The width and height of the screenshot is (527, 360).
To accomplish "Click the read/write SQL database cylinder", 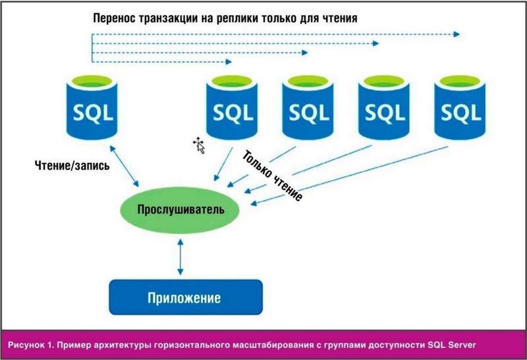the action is coord(92,107).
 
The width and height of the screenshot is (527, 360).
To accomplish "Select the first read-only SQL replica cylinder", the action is coord(232,107).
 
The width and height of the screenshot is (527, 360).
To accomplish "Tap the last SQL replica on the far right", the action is coord(460,107).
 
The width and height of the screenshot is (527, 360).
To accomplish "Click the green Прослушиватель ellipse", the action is coord(180,210).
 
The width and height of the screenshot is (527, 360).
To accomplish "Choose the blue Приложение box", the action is coord(186,297).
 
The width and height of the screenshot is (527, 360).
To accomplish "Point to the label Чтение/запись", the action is coord(72,165).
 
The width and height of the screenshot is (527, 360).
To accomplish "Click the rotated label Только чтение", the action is coord(272,175).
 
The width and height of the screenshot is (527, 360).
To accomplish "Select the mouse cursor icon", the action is coord(199,145).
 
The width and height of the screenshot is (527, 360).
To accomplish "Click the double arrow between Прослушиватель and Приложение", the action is coord(180,256).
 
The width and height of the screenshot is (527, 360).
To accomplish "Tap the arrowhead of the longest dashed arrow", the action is coord(457,34).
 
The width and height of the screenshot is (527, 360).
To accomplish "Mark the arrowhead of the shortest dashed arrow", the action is coord(229,61).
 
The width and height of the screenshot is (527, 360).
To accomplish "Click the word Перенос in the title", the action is coord(114,18).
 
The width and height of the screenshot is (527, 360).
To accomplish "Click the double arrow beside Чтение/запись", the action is coord(125,166).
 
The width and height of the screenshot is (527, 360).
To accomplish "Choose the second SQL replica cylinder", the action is coord(308,107).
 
